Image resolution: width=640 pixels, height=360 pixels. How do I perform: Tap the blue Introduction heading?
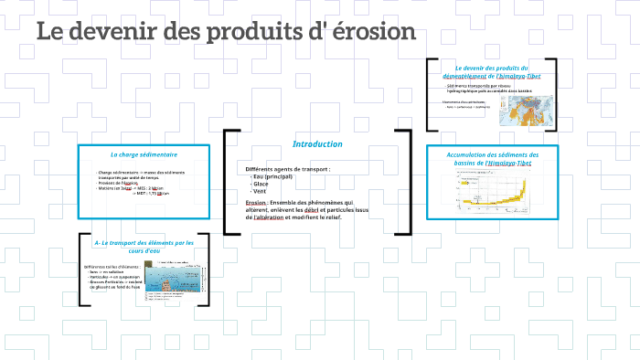pyautogui.click(x=317, y=144)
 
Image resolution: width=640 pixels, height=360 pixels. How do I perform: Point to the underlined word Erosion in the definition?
pyautogui.click(x=255, y=203)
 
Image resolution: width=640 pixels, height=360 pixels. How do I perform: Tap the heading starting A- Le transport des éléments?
pyautogui.click(x=144, y=247)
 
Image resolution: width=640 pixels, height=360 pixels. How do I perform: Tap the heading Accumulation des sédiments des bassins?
pyautogui.click(x=493, y=159)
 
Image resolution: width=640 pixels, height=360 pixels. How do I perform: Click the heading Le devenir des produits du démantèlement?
pyautogui.click(x=492, y=71)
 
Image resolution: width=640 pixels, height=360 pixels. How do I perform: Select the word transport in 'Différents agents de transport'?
pyautogui.click(x=312, y=169)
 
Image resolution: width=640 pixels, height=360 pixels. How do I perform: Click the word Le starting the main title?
pyautogui.click(x=49, y=33)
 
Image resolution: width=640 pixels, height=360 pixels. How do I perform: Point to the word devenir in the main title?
pyautogui.click(x=115, y=33)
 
